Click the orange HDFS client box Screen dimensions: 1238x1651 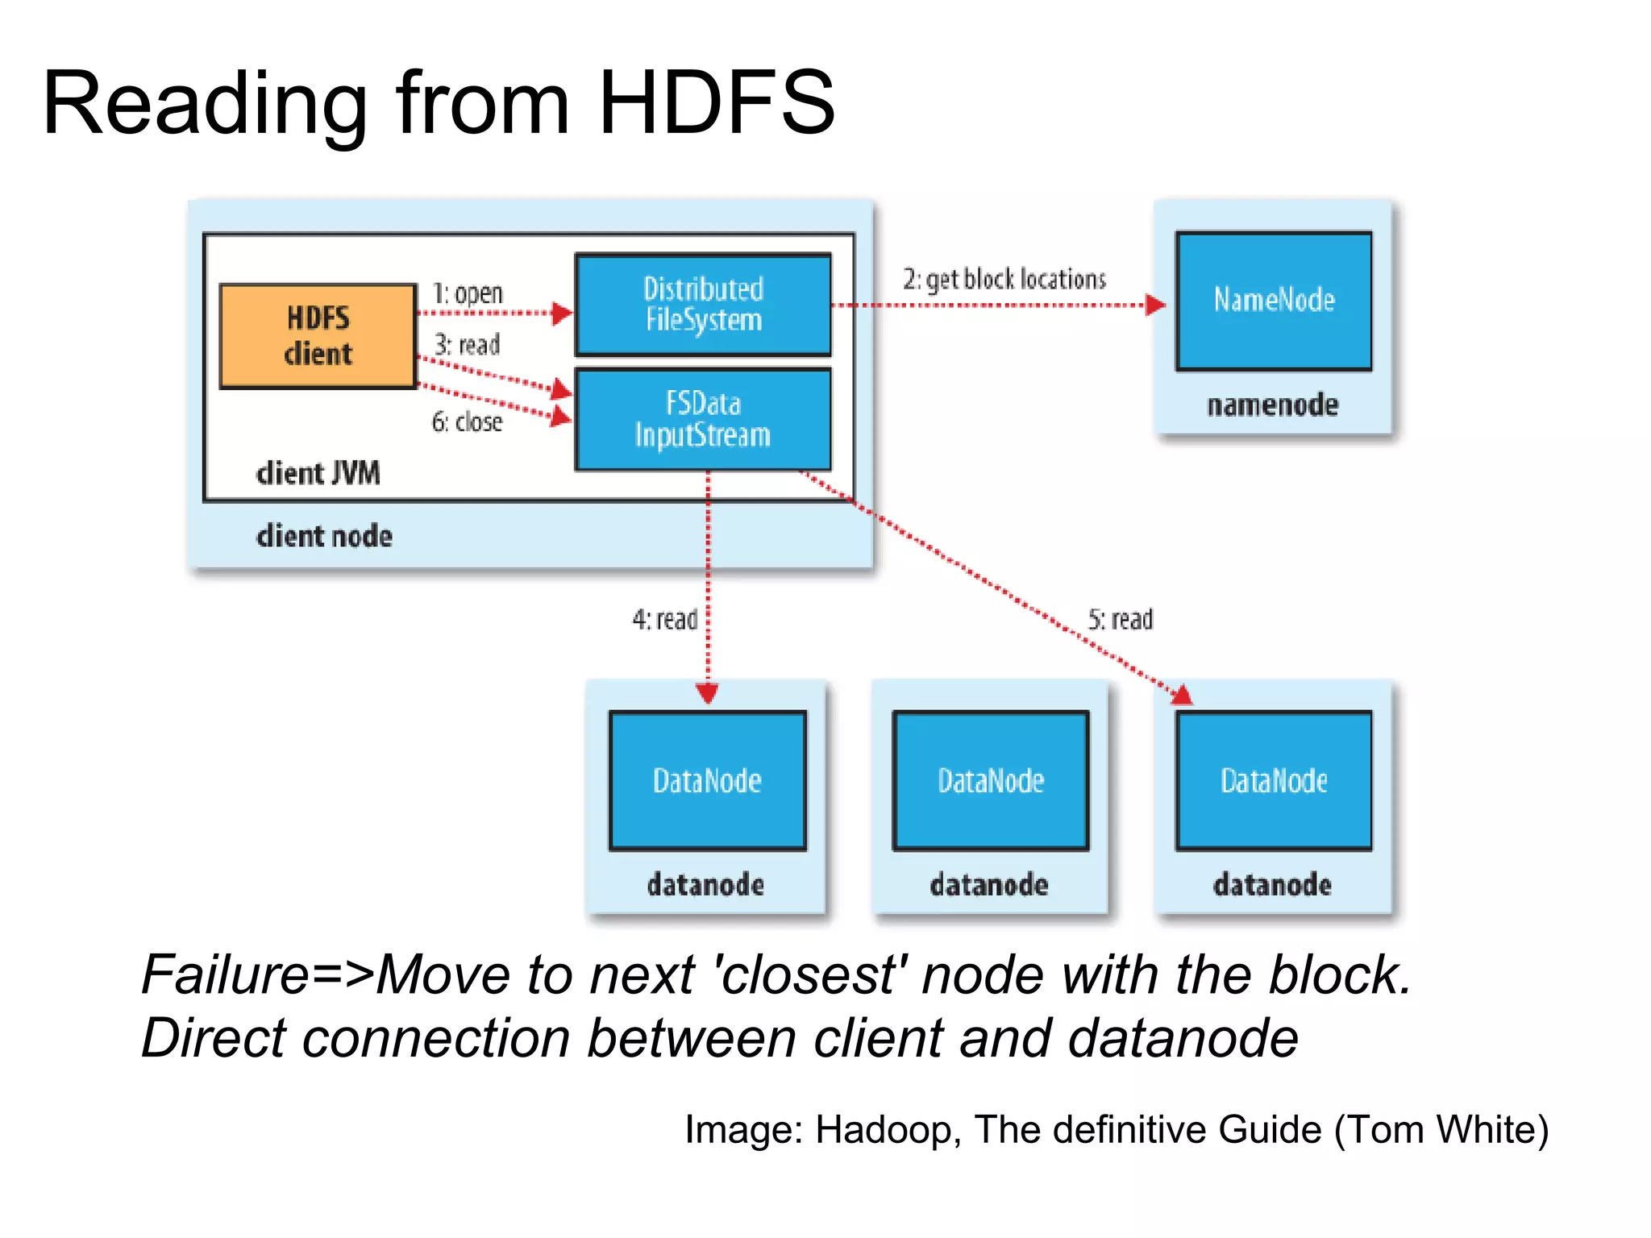[x=318, y=336]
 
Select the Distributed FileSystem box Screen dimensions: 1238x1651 [x=703, y=305]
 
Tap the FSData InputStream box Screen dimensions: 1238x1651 [x=703, y=419]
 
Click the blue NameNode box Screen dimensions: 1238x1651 [x=1274, y=301]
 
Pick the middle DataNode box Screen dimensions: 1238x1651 [x=991, y=780]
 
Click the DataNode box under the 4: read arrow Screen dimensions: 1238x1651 [x=707, y=780]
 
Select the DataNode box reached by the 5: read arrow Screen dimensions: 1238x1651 [x=1274, y=780]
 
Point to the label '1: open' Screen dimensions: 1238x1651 [x=468, y=293]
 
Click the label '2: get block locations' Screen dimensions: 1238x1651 [x=1004, y=280]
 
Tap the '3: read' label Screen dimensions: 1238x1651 [x=468, y=345]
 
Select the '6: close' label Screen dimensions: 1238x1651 [x=467, y=422]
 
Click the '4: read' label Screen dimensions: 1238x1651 [x=664, y=619]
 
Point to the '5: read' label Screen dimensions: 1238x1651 [x=1121, y=619]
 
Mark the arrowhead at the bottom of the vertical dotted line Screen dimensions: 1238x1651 [x=708, y=693]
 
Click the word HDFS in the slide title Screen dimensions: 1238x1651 [x=716, y=103]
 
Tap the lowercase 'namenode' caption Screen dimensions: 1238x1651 [x=1272, y=405]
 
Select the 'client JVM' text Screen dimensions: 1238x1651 [x=318, y=473]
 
